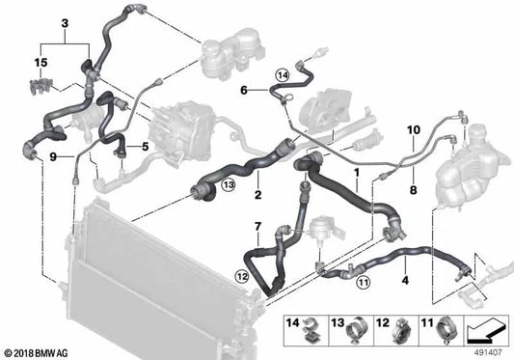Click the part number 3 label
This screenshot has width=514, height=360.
pyautogui.click(x=65, y=21)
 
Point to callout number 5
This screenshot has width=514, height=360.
pyautogui.click(x=145, y=147)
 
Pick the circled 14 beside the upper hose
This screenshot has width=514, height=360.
pyautogui.click(x=282, y=74)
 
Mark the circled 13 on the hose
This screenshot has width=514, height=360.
pyautogui.click(x=228, y=183)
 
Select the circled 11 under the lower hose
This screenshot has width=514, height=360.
pyautogui.click(x=363, y=282)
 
